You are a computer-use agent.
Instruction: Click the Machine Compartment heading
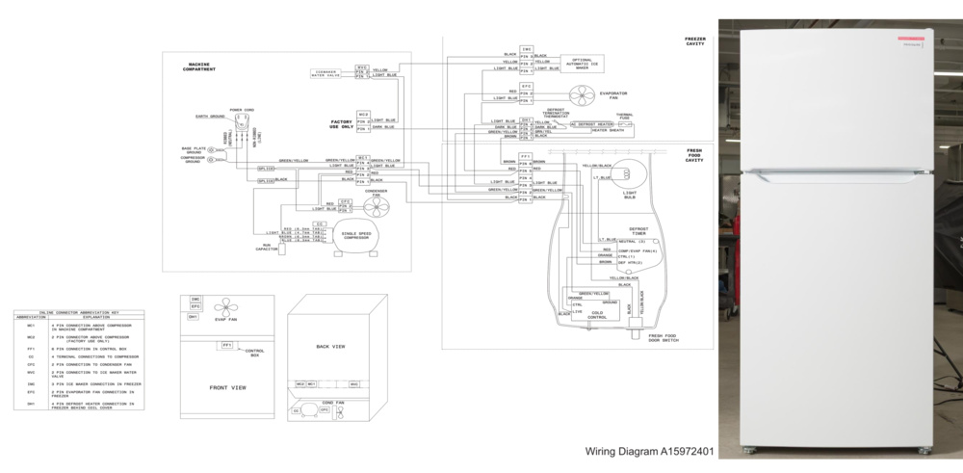coord(199,67)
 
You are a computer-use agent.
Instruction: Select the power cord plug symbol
coord(242,124)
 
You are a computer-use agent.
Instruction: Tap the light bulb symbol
coord(622,173)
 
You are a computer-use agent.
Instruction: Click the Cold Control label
coord(598,314)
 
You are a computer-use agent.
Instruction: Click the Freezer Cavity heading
coord(695,40)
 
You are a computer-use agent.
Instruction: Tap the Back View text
coord(330,345)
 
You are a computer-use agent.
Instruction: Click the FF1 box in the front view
coord(226,344)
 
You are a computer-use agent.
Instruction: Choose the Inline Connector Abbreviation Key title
coord(78,312)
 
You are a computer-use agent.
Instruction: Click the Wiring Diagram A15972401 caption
coord(650,450)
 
